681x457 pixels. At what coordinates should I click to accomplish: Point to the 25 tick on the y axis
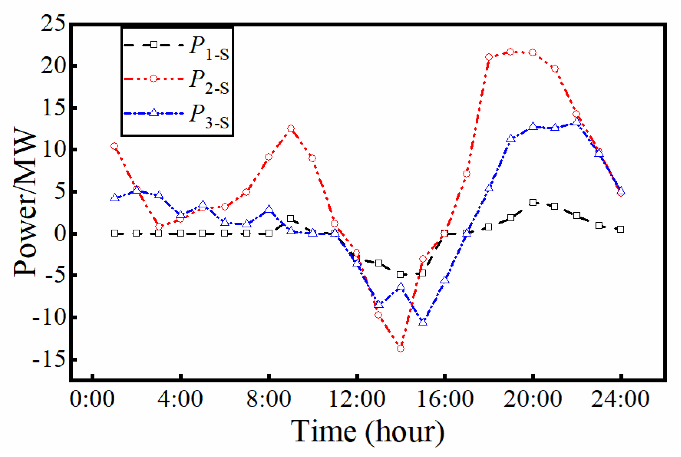click(53, 24)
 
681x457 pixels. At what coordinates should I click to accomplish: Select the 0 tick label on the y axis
click(60, 233)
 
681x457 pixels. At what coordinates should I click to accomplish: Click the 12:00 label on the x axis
click(357, 399)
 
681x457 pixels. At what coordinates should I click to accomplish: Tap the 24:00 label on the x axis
click(620, 399)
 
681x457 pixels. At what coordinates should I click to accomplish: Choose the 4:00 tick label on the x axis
click(180, 399)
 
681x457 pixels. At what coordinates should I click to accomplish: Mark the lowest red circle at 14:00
click(401, 349)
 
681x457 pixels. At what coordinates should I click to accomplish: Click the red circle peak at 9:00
click(291, 128)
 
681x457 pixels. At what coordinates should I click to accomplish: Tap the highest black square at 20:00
click(533, 202)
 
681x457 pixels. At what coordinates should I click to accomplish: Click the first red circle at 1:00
click(114, 146)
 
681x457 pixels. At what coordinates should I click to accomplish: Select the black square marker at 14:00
click(401, 275)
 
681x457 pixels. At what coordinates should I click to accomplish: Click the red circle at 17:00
click(467, 174)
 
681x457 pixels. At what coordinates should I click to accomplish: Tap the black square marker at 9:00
click(291, 219)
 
